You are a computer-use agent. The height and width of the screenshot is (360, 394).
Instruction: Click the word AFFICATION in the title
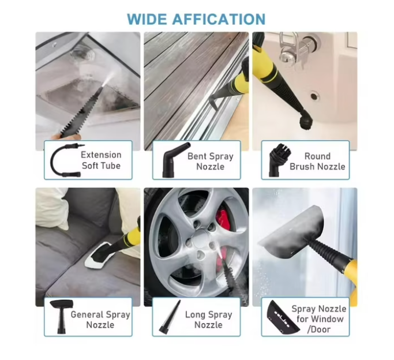[x=219, y=19]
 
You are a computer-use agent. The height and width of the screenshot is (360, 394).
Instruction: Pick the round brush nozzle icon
[x=279, y=159]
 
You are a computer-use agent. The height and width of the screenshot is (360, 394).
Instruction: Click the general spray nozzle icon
[x=61, y=317]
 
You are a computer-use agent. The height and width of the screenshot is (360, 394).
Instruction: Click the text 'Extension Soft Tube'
[x=101, y=160]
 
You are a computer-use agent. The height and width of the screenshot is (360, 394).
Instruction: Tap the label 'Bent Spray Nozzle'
[x=211, y=162]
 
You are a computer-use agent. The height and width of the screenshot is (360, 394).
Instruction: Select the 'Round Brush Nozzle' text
[x=317, y=162]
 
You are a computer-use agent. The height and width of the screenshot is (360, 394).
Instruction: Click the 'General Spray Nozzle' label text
[x=100, y=320]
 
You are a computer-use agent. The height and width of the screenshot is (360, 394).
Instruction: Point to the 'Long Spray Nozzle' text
[x=209, y=320]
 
